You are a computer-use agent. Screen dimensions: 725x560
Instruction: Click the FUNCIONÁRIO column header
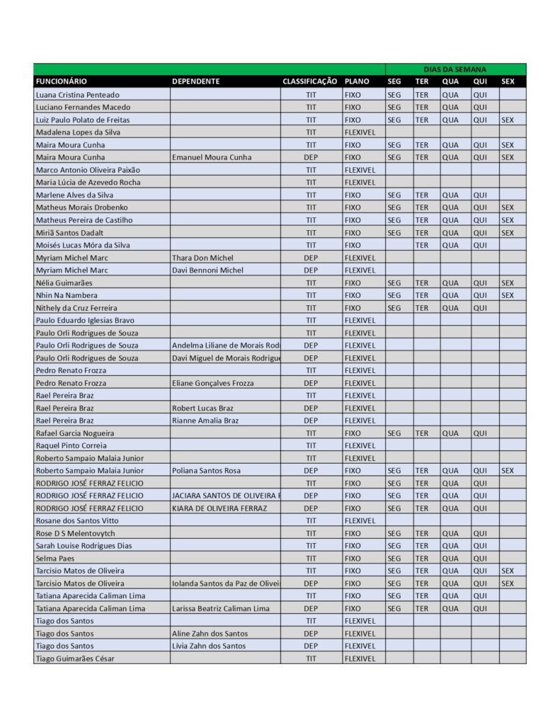pos(62,81)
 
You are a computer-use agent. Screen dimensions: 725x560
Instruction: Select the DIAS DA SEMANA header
pos(455,69)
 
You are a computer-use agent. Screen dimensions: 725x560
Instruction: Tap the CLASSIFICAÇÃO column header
pos(310,81)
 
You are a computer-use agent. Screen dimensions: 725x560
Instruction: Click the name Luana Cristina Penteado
pos(78,94)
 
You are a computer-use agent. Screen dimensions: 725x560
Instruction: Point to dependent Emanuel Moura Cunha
pos(212,157)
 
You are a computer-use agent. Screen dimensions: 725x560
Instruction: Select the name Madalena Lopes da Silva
pos(78,132)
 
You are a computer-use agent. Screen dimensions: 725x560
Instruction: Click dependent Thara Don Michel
pos(202,258)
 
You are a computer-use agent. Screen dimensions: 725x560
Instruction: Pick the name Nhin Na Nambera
pos(67,295)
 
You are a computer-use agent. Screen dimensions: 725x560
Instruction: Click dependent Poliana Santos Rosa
pos(206,471)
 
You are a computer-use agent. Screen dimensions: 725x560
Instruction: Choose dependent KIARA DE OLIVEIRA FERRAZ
pos(219,508)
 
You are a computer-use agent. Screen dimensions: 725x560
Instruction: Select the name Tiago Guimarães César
pos(75,658)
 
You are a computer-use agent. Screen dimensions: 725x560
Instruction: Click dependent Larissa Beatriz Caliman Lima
pos(221,608)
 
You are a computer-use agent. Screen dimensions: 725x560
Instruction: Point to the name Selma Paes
pos(55,558)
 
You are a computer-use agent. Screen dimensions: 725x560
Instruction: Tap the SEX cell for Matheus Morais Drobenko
pos(508,207)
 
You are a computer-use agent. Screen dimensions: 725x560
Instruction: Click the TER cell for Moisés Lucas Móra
pos(422,245)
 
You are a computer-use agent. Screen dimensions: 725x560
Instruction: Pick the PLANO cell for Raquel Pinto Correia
pos(360,445)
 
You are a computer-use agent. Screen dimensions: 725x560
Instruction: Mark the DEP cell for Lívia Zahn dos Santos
pos(311,646)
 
